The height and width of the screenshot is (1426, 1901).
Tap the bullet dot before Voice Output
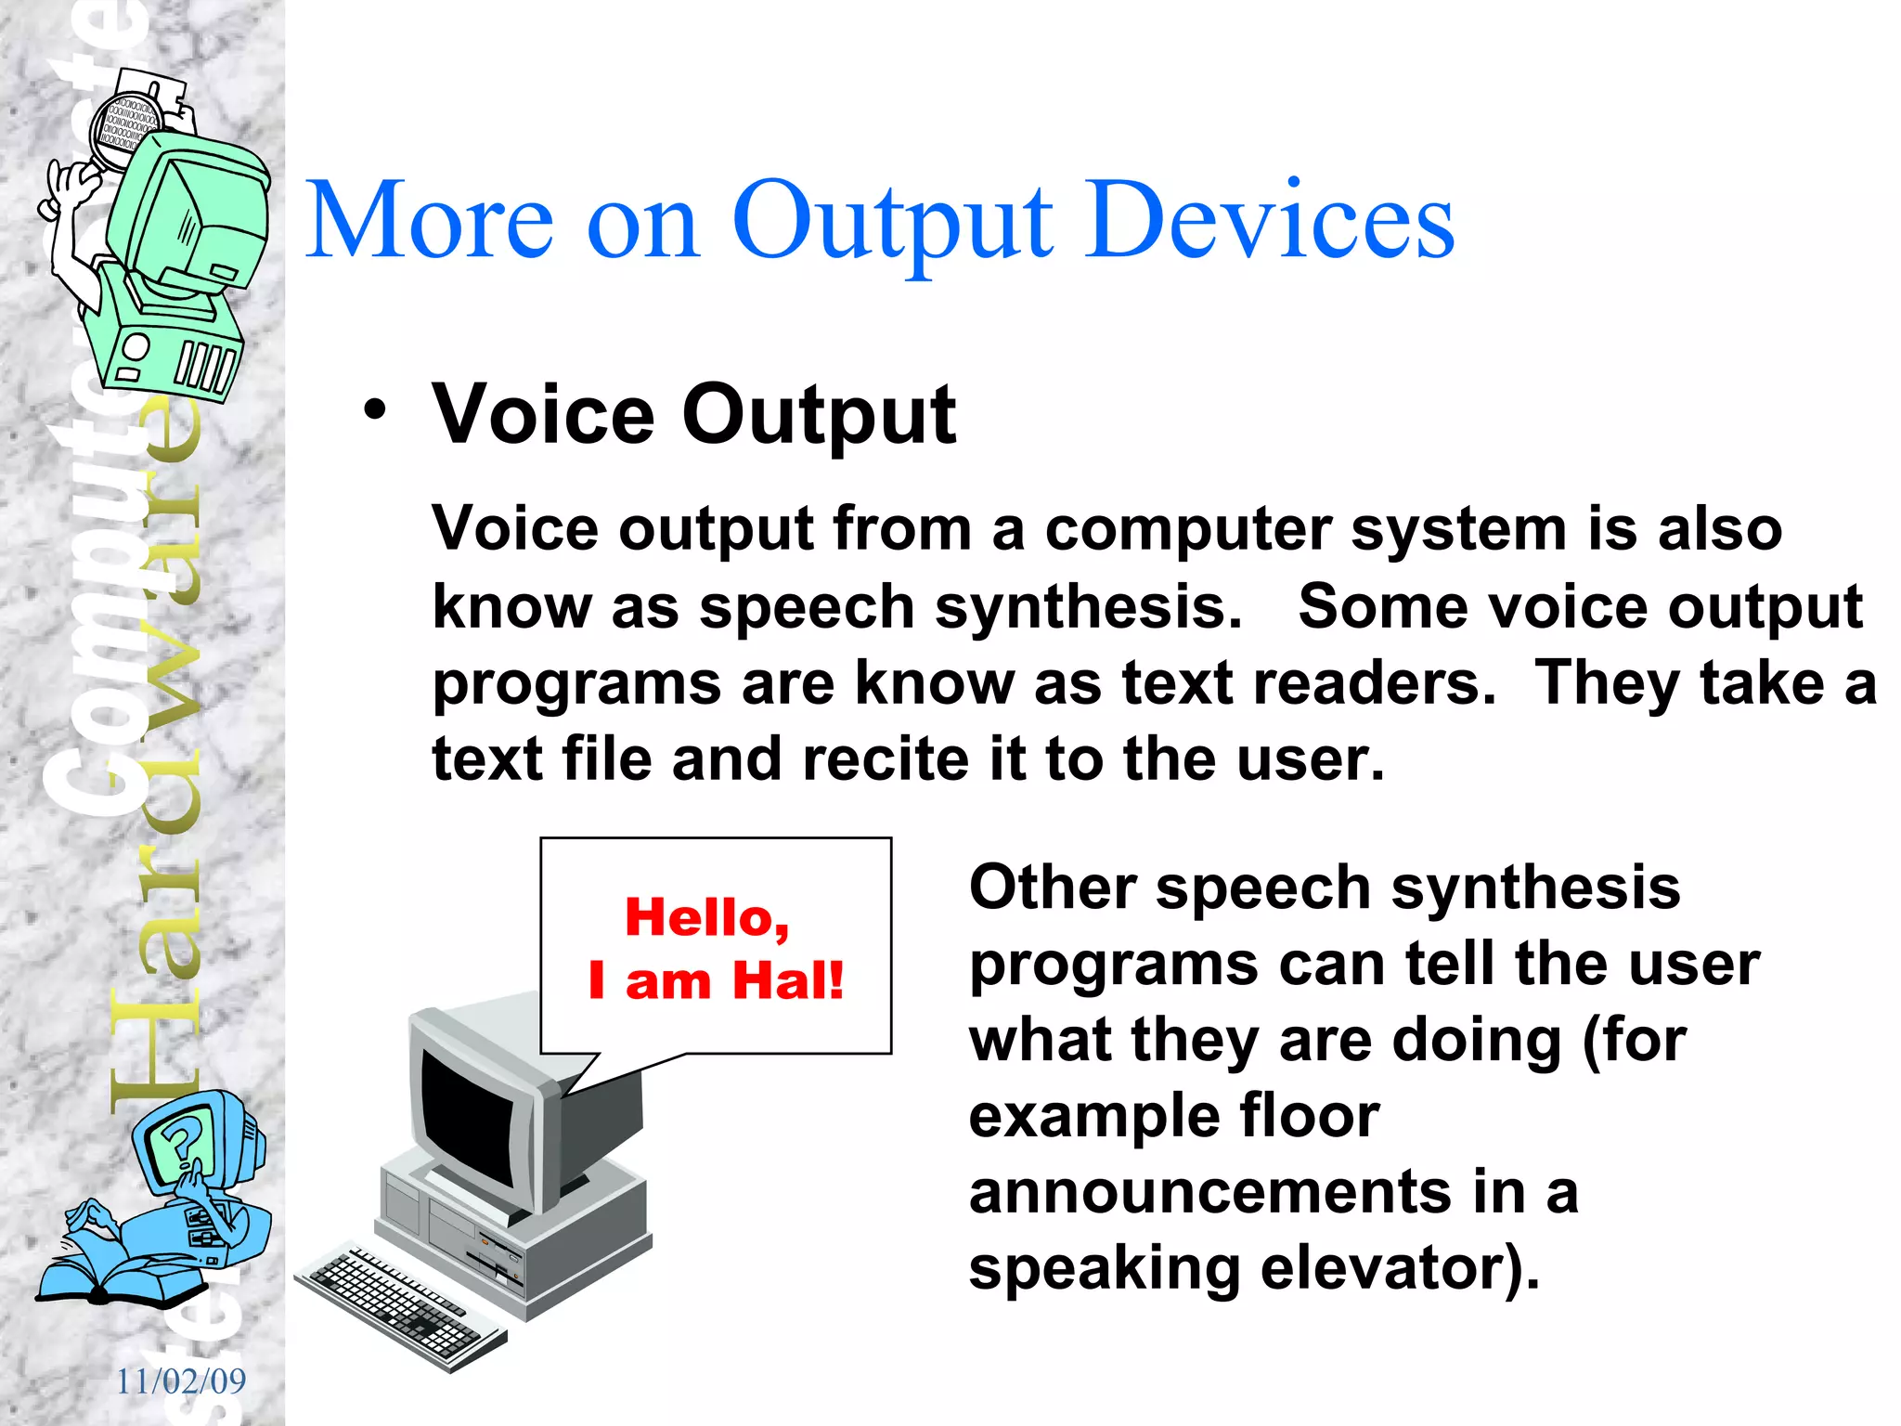tap(374, 409)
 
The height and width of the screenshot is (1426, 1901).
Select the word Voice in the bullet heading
tap(544, 415)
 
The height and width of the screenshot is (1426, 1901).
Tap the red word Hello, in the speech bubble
tap(707, 917)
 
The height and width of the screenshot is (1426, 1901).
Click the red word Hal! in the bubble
tap(788, 980)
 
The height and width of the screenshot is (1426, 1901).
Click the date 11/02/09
tap(181, 1381)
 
